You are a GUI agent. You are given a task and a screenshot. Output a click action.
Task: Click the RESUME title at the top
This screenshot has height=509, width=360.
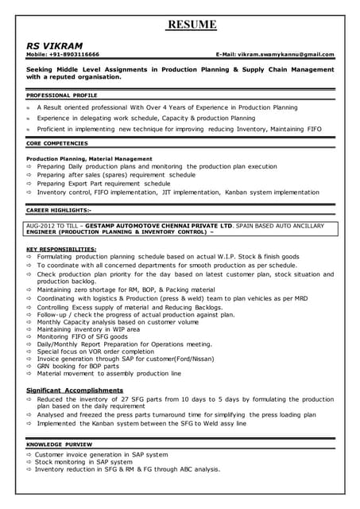coord(191,25)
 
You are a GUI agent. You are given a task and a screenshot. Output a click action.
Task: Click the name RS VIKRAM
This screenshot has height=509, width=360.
coord(55,45)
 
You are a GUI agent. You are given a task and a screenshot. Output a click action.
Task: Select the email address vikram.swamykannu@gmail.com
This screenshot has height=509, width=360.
coord(287,55)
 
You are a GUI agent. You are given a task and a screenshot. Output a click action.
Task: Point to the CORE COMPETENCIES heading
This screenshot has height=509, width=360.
coord(57,143)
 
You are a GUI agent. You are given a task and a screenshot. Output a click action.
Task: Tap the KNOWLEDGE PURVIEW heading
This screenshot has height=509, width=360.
coord(58,443)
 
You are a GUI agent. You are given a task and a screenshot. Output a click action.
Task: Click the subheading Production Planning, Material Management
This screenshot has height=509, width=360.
coord(83,159)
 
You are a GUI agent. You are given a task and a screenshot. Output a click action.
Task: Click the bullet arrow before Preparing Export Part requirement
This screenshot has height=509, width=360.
coord(29,183)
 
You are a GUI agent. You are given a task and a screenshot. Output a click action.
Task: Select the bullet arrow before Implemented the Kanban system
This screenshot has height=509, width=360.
coord(29,424)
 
